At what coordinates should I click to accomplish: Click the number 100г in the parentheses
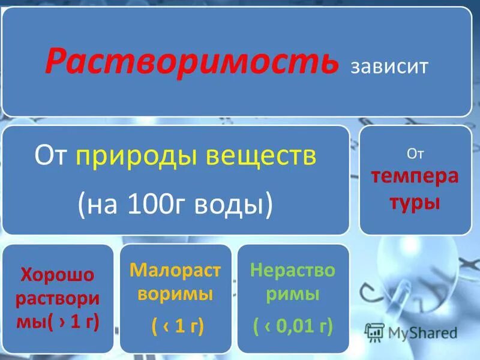click(150, 205)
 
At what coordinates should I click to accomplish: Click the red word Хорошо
click(58, 275)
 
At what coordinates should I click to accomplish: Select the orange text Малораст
click(175, 271)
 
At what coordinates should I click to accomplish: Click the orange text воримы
click(175, 295)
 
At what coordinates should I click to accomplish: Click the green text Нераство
click(293, 271)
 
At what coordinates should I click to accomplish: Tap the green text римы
click(293, 295)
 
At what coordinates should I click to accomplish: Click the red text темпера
click(415, 178)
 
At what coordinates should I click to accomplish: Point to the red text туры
click(415, 202)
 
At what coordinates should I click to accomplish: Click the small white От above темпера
click(415, 155)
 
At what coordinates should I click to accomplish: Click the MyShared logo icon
click(374, 332)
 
